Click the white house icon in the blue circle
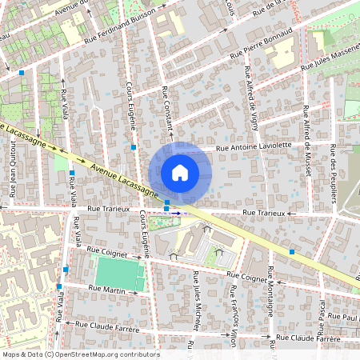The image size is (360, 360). point(180,173)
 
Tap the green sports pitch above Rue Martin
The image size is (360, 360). point(121,274)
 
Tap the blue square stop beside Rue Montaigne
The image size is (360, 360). point(292,252)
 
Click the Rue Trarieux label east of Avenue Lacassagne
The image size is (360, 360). point(264,214)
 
